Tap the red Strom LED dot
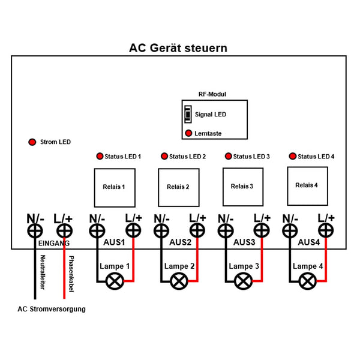click(x=32, y=142)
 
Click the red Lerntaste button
click(x=188, y=133)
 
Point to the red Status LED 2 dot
click(x=164, y=156)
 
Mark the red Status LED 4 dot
click(x=293, y=156)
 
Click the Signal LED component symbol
click(x=188, y=114)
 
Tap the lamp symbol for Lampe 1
click(x=115, y=281)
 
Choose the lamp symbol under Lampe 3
click(x=244, y=281)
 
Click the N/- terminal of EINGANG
click(x=35, y=231)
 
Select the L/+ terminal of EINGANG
click(x=65, y=231)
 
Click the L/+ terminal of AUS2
click(x=197, y=230)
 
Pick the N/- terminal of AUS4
click(x=290, y=231)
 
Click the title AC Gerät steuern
click(x=178, y=48)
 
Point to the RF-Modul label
click(x=212, y=94)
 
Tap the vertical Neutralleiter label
click(x=43, y=272)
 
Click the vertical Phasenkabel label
click(x=71, y=274)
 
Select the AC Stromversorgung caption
click(x=52, y=309)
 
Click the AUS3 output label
click(x=244, y=242)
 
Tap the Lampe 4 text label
click(x=308, y=266)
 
